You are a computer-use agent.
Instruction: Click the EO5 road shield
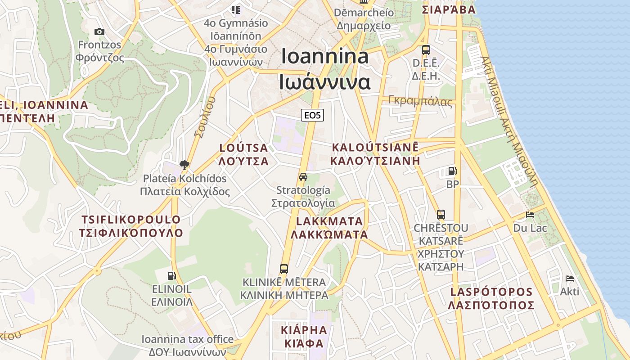pyautogui.click(x=312, y=115)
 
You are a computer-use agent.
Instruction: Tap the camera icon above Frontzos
pyautogui.click(x=99, y=31)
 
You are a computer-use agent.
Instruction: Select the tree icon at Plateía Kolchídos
pyautogui.click(x=184, y=165)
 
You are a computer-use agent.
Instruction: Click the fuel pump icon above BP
pyautogui.click(x=452, y=171)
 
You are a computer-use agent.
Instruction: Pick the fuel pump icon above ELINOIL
pyautogui.click(x=171, y=275)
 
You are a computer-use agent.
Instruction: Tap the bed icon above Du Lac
pyautogui.click(x=530, y=215)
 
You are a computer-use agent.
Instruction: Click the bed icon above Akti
pyautogui.click(x=569, y=278)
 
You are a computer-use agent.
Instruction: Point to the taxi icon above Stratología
pyautogui.click(x=303, y=177)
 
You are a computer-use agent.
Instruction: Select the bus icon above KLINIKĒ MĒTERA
pyautogui.click(x=283, y=269)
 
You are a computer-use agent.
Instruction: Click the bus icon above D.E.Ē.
pyautogui.click(x=426, y=50)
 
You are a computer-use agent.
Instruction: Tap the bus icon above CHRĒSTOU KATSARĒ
pyautogui.click(x=441, y=215)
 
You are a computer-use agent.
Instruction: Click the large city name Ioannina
pyautogui.click(x=325, y=56)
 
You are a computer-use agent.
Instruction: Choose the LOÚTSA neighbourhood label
pyautogui.click(x=243, y=148)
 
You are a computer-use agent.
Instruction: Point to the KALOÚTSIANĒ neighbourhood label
pyautogui.click(x=375, y=147)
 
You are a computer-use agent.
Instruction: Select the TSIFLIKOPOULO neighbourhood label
pyautogui.click(x=131, y=220)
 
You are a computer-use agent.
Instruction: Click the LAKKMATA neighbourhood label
pyautogui.click(x=329, y=221)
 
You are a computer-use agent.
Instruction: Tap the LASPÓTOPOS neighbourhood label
pyautogui.click(x=491, y=292)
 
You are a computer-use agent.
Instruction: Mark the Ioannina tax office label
pyautogui.click(x=188, y=339)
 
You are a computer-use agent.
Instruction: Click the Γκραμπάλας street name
pyautogui.click(x=420, y=101)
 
